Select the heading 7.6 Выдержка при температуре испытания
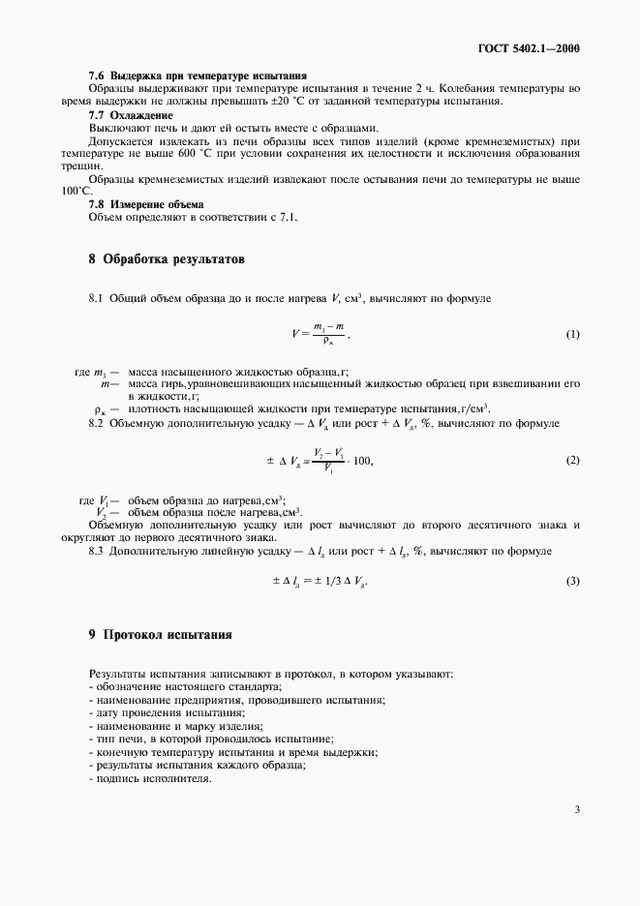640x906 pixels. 198,75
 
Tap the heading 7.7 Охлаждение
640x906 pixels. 131,115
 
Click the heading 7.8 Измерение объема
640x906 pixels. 145,204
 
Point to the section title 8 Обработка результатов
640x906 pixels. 167,260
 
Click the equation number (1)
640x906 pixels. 572,334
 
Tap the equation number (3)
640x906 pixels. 572,581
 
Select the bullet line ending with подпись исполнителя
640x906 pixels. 150,778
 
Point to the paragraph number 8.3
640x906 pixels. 98,551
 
